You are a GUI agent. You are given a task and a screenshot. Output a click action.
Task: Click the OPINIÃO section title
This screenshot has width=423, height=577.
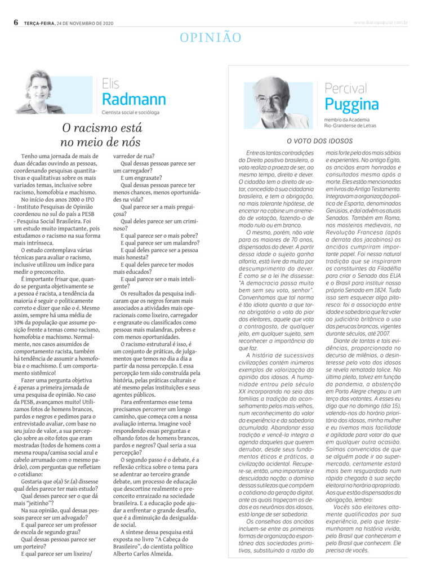(211, 38)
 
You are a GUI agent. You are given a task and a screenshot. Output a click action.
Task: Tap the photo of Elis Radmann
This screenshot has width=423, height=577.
(40, 91)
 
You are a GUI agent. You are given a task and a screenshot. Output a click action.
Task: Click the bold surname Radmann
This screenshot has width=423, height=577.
(134, 99)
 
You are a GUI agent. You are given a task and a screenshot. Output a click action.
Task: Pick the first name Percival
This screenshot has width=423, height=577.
(346, 88)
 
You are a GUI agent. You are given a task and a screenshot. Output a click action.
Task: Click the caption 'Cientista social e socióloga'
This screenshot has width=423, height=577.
(135, 113)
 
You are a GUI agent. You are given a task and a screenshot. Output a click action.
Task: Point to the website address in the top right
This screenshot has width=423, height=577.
(380, 23)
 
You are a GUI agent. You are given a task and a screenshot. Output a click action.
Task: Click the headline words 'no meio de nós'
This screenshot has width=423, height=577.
(100, 142)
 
